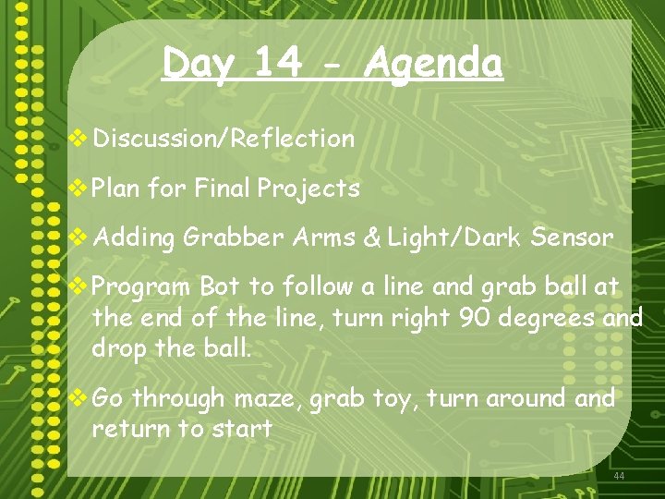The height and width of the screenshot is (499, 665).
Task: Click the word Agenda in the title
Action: coord(434,64)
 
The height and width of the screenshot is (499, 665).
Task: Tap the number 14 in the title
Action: coord(277,64)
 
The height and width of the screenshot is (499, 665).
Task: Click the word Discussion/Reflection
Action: coord(224,139)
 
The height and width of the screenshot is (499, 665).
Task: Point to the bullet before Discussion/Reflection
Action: coord(80,139)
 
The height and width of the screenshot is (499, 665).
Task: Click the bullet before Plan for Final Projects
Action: coord(80,189)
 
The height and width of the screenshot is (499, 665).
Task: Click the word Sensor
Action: coord(572,238)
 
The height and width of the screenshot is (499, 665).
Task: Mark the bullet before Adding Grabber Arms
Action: coord(80,237)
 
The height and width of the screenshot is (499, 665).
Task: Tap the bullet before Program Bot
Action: coord(80,287)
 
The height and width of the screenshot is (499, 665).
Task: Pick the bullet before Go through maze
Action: coord(80,398)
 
